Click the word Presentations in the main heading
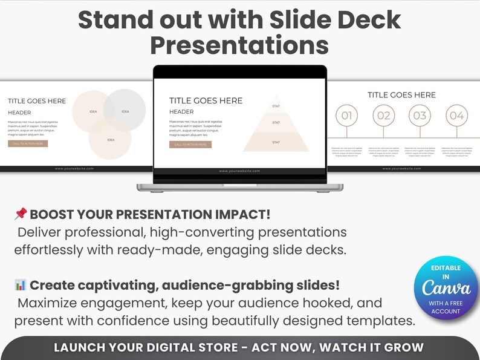[239, 45]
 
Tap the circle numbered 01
[346, 115]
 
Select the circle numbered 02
[383, 115]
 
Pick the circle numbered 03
[420, 115]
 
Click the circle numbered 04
[457, 115]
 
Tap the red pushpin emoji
[21, 214]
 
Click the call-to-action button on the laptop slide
[190, 145]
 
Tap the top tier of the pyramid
[276, 105]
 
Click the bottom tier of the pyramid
[276, 142]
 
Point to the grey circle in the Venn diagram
[125, 110]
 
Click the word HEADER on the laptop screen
[181, 112]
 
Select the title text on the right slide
[401, 95]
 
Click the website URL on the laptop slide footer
[239, 171]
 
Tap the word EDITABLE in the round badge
[446, 268]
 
